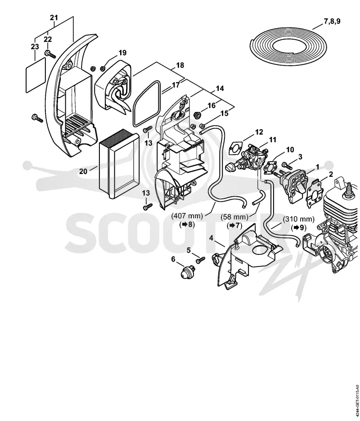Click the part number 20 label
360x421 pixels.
pyautogui.click(x=83, y=171)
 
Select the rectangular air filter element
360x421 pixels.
pyautogui.click(x=119, y=163)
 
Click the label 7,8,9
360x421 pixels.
pyautogui.click(x=332, y=21)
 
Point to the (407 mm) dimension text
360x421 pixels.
pyautogui.click(x=187, y=216)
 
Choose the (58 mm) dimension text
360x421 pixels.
pyautogui.click(x=234, y=217)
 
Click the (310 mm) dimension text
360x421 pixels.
pyautogui.click(x=298, y=219)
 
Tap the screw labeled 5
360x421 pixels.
pyautogui.click(x=200, y=260)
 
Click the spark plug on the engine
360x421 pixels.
pyautogui.click(x=349, y=190)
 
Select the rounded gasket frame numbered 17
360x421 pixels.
pyautogui.click(x=147, y=104)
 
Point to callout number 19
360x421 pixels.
pyautogui.click(x=122, y=53)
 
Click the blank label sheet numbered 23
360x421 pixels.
pyautogui.click(x=36, y=75)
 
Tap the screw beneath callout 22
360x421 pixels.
pyautogui.click(x=50, y=54)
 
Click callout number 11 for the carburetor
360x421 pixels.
pyautogui.click(x=273, y=140)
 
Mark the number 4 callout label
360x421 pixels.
pyautogui.click(x=211, y=238)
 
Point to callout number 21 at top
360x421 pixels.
pyautogui.click(x=54, y=18)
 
